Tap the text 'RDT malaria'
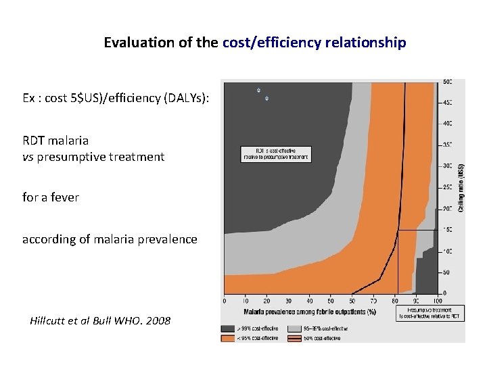pyautogui.click(x=55, y=141)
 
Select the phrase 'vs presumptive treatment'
pyautogui.click(x=93, y=157)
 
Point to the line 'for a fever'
pyautogui.click(x=51, y=197)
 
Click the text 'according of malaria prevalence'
pyautogui.click(x=110, y=239)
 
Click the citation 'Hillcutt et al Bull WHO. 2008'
pyautogui.click(x=100, y=320)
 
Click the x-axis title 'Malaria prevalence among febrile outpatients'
pyautogui.click(x=310, y=312)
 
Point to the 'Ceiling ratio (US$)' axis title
pyautogui.click(x=461, y=188)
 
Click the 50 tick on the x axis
pyautogui.click(x=331, y=301)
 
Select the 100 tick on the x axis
pyautogui.click(x=438, y=301)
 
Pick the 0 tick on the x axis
pyautogui.click(x=225, y=301)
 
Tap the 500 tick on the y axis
pyautogui.click(x=448, y=82)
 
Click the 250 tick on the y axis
pyautogui.click(x=448, y=187)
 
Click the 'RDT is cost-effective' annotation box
pyautogui.click(x=275, y=154)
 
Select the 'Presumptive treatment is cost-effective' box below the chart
pyautogui.click(x=430, y=313)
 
